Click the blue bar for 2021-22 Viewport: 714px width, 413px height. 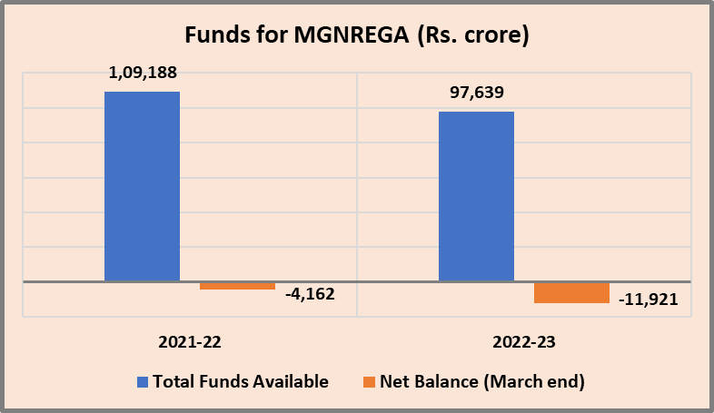(x=142, y=186)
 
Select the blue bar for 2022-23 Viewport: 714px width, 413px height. (x=476, y=196)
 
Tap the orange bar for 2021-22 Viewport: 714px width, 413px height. (x=237, y=286)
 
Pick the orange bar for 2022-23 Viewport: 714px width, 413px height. (x=571, y=292)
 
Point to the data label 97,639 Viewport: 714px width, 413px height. (x=476, y=93)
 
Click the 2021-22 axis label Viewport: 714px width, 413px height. (x=190, y=343)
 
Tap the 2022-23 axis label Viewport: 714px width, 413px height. (x=524, y=343)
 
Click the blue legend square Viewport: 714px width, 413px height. (x=142, y=381)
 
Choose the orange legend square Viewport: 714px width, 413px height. (x=368, y=381)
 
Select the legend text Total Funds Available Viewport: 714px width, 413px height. (x=241, y=381)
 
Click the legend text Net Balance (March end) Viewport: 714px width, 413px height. (x=481, y=381)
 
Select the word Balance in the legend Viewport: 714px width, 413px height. (x=444, y=381)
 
